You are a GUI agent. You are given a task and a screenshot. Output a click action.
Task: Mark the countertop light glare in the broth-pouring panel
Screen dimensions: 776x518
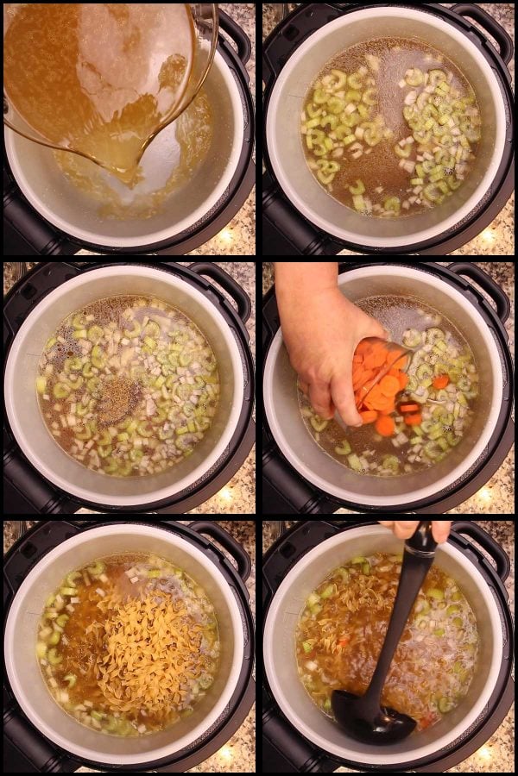pyautogui.click(x=226, y=235)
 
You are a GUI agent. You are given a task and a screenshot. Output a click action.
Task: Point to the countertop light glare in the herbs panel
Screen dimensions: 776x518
pyautogui.click(x=226, y=494)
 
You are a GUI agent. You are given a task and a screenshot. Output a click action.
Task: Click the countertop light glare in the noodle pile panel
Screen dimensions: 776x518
pyautogui.click(x=226, y=753)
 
